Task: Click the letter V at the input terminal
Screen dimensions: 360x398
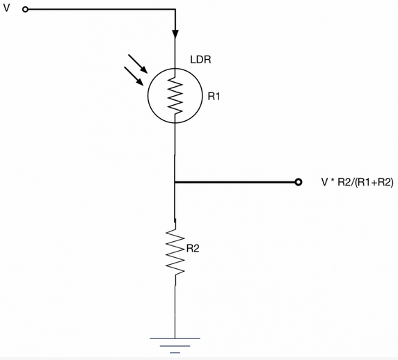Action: coord(6,9)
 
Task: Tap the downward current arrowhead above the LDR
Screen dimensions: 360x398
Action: coord(175,33)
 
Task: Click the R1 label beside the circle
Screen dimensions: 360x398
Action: coord(214,96)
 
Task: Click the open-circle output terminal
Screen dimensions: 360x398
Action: coord(298,182)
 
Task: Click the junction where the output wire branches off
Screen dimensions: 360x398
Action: coord(175,182)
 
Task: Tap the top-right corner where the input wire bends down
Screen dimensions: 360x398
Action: coord(175,10)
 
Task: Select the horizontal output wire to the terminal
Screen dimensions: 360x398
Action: coord(237,182)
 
